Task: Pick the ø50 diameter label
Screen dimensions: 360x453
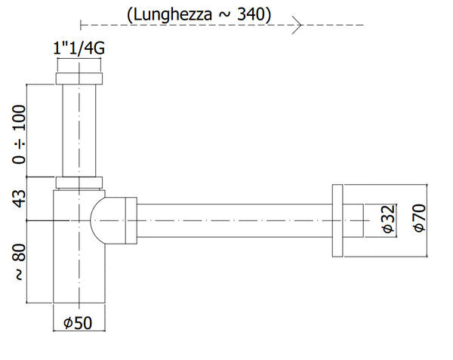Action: (79, 323)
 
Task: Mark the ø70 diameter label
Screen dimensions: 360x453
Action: (420, 219)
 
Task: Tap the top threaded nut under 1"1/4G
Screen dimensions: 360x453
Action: (79, 78)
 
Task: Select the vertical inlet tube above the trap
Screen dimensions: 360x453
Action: (79, 128)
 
